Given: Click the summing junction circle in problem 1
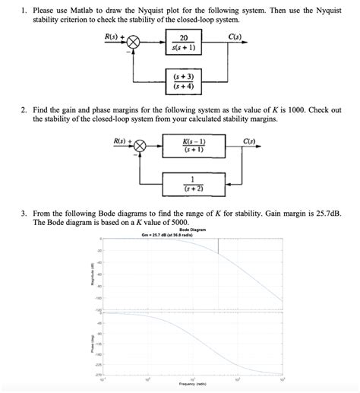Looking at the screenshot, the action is point(134,43).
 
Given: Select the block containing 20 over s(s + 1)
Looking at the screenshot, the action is point(184,43).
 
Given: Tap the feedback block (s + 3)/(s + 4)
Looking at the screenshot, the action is point(184,81).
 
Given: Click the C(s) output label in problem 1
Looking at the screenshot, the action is point(235,36).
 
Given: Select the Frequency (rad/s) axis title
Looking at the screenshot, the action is point(191,385).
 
